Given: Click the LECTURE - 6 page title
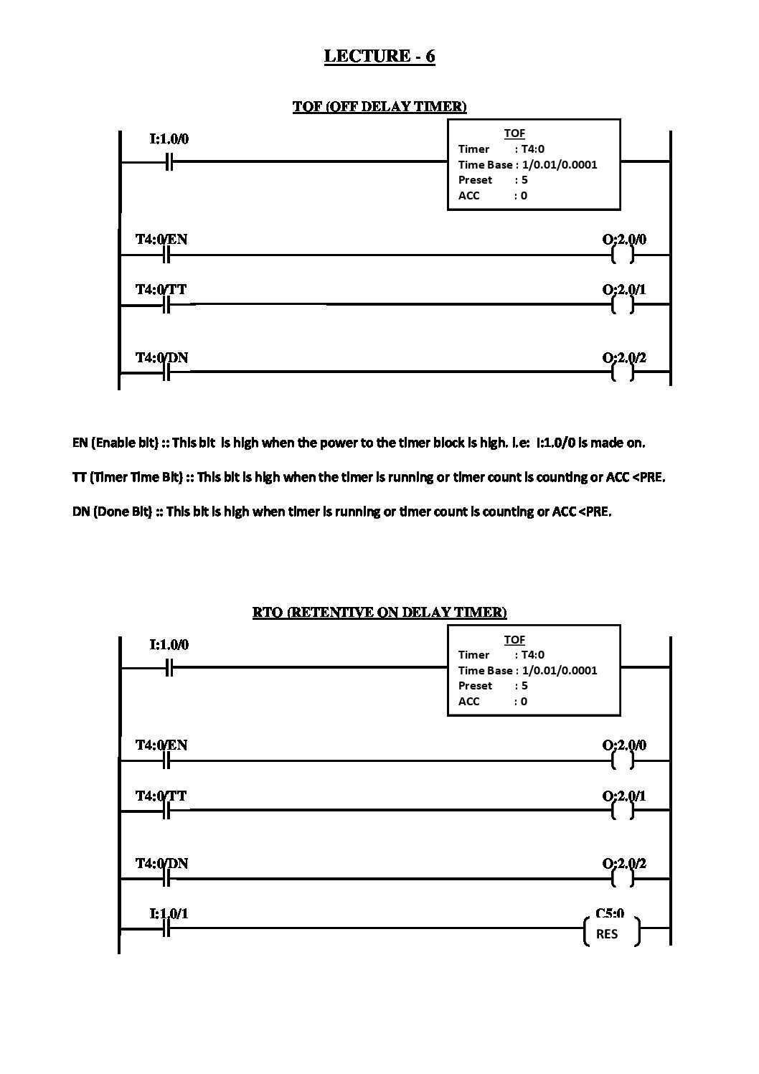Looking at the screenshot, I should click(379, 56).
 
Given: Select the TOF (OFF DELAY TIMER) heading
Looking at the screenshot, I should click(379, 107).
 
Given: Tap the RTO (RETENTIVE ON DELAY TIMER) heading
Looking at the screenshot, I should click(379, 612).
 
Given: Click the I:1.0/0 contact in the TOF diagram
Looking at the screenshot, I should click(169, 162).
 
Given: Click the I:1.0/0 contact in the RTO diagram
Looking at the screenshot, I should click(169, 668).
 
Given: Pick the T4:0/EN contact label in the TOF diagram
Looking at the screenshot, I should click(162, 240).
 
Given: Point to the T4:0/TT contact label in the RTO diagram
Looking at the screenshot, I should click(162, 796).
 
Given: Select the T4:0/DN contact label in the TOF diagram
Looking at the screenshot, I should click(162, 357).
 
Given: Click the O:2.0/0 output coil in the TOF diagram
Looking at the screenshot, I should click(623, 255).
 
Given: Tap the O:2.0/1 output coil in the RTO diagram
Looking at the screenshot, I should click(623, 811).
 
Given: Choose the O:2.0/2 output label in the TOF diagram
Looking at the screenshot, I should click(624, 357).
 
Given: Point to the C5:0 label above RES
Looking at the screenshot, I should click(610, 913).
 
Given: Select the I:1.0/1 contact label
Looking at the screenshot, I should click(169, 913).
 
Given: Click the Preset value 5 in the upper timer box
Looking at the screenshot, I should click(524, 180).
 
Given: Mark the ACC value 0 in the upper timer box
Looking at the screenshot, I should click(524, 196).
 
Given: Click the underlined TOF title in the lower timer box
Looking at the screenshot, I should click(514, 639).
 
